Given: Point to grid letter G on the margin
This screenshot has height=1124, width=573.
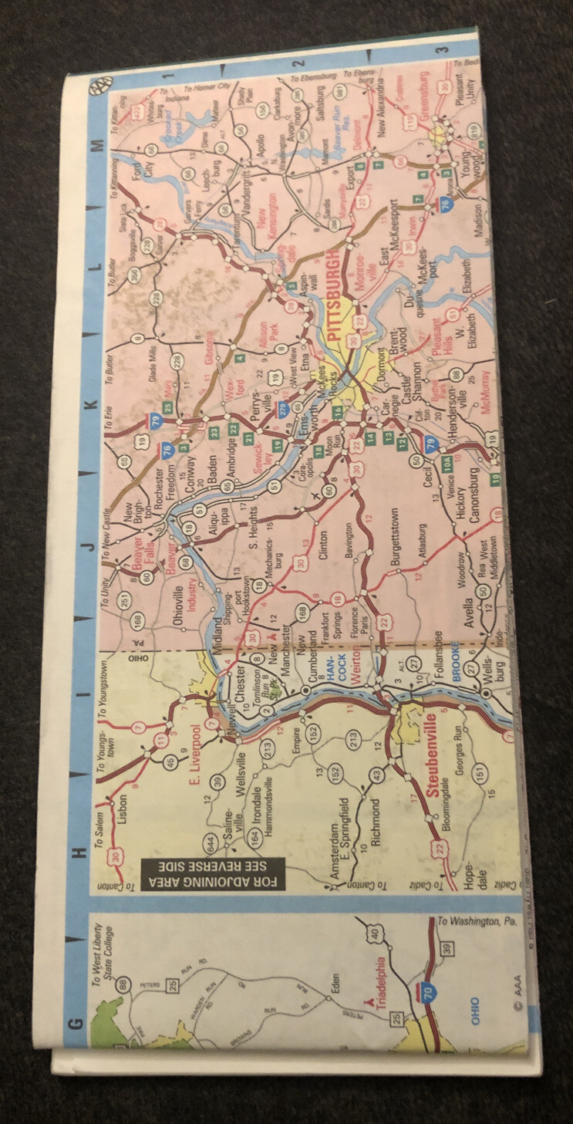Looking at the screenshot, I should pyautogui.click(x=76, y=1024).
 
